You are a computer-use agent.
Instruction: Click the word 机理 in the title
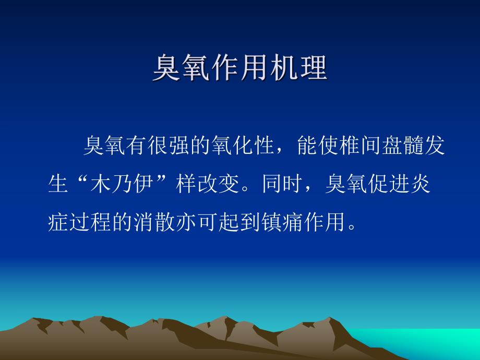298,68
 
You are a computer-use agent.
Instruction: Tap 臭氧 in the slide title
181,68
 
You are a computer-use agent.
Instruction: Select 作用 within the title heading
239,68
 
